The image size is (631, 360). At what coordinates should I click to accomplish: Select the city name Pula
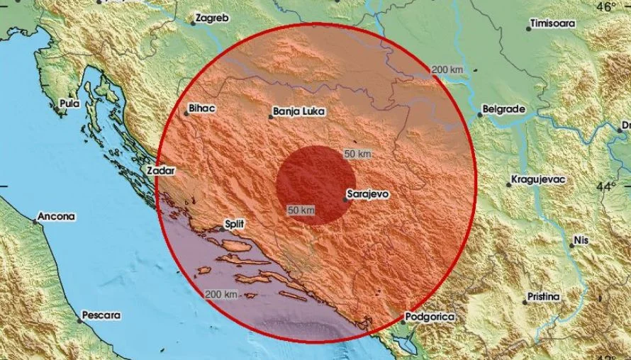point(69,103)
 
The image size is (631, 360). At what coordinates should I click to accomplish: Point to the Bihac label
point(200,109)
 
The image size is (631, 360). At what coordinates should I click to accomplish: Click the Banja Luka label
point(296,111)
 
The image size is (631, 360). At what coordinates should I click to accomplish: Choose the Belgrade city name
point(503,110)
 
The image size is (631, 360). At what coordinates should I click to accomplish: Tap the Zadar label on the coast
point(160,171)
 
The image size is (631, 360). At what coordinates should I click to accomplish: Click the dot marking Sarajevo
point(345,200)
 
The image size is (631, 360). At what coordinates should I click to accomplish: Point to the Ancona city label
point(56,216)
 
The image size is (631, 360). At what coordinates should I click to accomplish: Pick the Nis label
point(582,241)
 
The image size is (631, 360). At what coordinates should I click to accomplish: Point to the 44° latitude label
point(606,187)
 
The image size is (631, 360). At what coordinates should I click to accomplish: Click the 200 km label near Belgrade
point(447,69)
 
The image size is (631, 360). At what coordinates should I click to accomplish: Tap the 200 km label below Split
point(220,294)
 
